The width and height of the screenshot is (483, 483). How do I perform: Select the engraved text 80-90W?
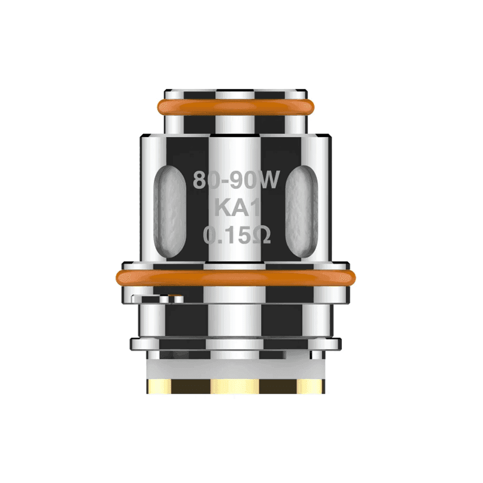236,180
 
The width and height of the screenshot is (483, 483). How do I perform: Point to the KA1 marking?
236,208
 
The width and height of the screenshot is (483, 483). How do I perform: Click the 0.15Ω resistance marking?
236,236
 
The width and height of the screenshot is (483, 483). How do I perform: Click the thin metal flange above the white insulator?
235,343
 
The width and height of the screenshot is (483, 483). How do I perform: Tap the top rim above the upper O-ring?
235,92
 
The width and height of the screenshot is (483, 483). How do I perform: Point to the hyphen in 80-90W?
224,181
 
